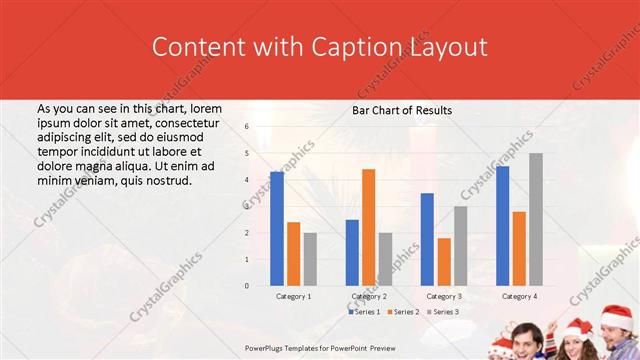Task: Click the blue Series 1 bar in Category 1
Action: point(277,229)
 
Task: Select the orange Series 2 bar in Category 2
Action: point(368,227)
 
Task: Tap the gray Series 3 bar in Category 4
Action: point(536,219)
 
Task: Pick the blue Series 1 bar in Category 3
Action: point(427,239)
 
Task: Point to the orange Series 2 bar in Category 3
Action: point(444,261)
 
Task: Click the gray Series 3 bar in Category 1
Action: point(310,259)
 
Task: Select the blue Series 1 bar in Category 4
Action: point(502,226)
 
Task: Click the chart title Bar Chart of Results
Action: point(402,110)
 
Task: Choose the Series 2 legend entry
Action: point(403,312)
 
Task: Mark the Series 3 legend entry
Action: point(441,312)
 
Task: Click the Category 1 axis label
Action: point(294,296)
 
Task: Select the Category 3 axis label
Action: point(444,296)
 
